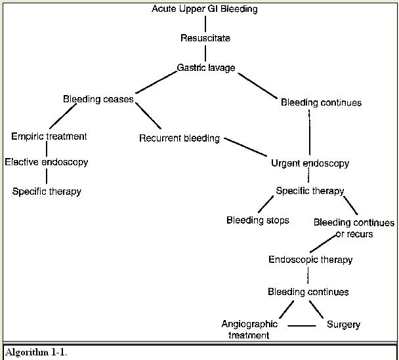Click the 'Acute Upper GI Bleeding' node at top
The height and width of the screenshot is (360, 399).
point(205,9)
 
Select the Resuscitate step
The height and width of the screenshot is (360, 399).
point(205,38)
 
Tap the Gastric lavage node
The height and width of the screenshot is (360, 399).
point(205,68)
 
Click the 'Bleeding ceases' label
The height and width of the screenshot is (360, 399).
point(98,99)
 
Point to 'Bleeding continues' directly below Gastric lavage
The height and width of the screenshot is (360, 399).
point(321,102)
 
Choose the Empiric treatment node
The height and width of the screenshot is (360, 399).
point(49,136)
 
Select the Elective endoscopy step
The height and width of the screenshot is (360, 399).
point(47,161)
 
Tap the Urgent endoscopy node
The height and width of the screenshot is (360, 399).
point(310,163)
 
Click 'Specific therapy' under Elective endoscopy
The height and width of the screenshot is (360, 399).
point(47,191)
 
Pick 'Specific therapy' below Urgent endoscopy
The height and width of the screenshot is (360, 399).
point(310,191)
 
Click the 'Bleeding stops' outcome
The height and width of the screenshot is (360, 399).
point(257,220)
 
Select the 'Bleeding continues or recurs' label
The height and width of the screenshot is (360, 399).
point(354,228)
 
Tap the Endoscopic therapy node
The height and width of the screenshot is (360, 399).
point(310,260)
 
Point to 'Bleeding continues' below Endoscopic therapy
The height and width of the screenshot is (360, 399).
point(308,291)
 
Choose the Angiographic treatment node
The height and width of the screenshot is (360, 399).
point(249,329)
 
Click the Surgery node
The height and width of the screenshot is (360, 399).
point(343,325)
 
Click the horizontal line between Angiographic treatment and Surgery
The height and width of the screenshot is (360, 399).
point(303,325)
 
